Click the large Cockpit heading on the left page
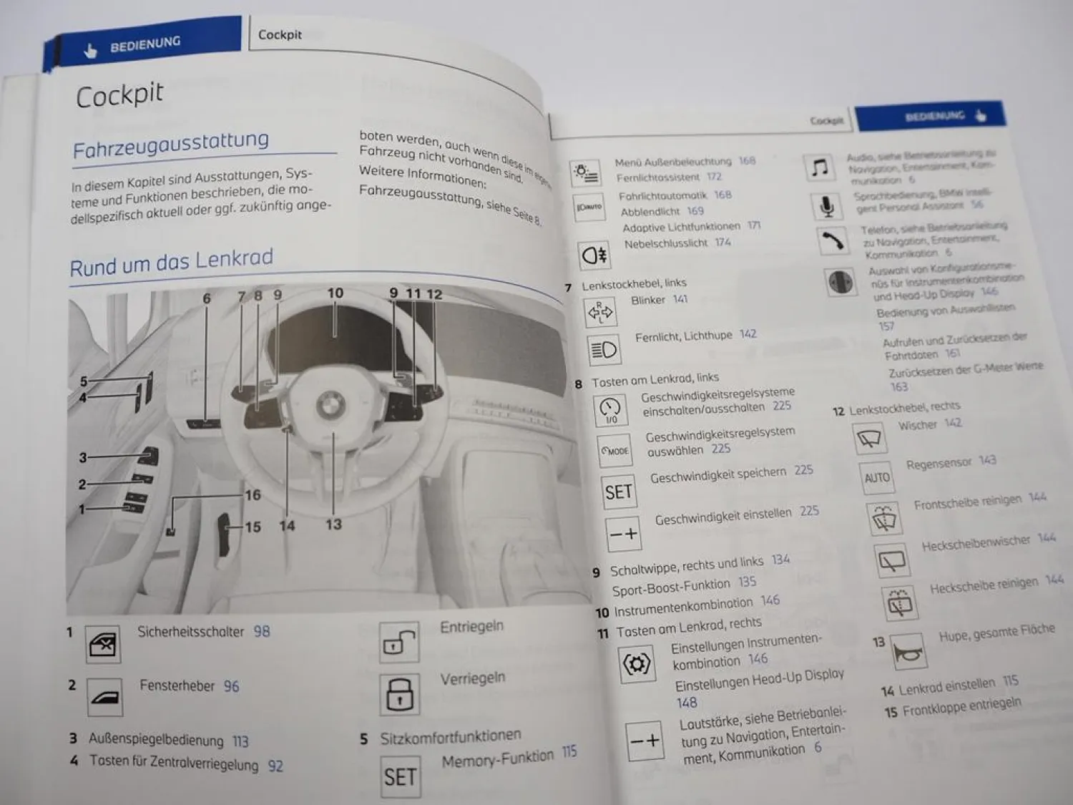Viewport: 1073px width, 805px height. [119, 95]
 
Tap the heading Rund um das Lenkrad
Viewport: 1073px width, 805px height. [172, 262]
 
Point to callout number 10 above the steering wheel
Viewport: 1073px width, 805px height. [335, 293]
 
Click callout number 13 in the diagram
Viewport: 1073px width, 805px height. [333, 525]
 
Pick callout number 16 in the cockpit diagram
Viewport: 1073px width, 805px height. [253, 494]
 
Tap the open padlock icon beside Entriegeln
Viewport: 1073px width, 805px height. [399, 642]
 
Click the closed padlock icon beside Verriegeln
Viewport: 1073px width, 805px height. [399, 693]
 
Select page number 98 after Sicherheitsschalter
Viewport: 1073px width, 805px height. [262, 631]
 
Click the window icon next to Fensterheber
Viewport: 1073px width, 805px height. [104, 697]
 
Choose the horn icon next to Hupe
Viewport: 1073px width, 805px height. [908, 652]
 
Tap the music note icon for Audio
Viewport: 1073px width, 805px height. [820, 168]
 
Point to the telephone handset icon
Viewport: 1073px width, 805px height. [832, 241]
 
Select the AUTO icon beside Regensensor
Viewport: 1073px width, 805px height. [876, 477]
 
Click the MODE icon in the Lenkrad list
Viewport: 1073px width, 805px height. [614, 451]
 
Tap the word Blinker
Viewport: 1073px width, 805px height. [648, 301]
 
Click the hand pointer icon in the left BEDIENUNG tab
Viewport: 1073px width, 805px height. [90, 51]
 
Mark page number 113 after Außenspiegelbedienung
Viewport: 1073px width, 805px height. [240, 741]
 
